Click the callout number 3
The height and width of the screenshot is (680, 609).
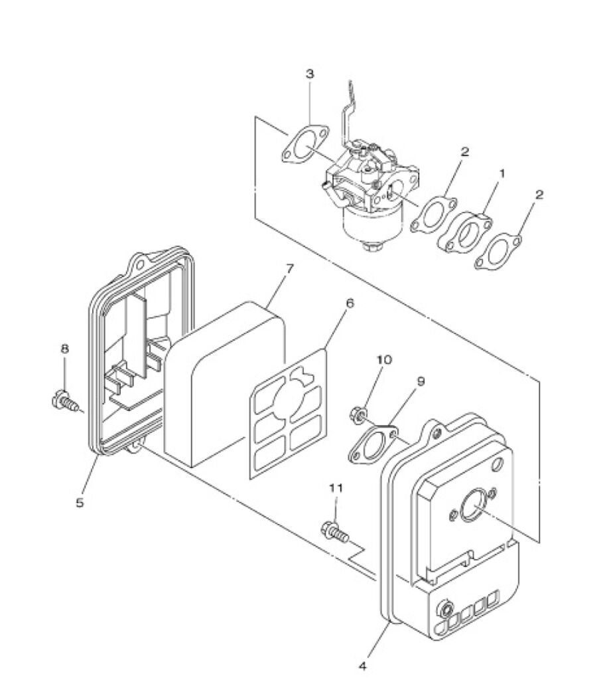click(310, 74)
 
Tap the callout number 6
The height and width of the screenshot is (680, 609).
click(350, 303)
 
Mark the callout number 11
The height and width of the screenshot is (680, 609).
click(336, 487)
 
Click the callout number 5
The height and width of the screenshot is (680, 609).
click(80, 503)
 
